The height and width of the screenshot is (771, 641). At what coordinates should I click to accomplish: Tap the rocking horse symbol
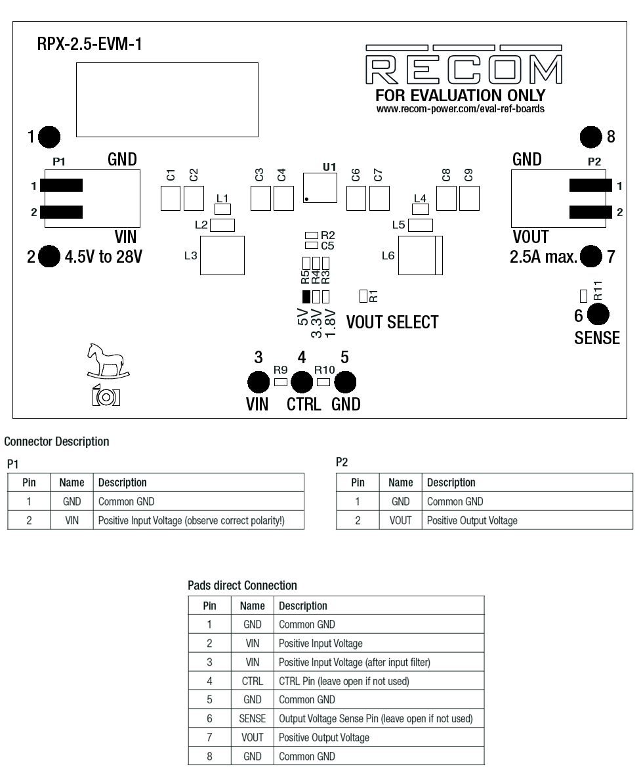click(108, 362)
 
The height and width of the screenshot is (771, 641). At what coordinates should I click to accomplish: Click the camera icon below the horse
click(106, 396)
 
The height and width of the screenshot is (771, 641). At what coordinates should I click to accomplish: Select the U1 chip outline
click(320, 187)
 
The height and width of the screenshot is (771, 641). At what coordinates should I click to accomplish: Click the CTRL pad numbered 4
click(302, 382)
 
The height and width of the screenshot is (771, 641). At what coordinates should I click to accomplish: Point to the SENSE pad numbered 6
click(598, 315)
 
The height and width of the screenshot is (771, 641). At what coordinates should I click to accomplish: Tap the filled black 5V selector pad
click(306, 296)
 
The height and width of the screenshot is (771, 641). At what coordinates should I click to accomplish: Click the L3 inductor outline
click(222, 255)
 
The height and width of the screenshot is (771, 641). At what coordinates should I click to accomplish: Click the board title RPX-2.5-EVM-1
click(90, 45)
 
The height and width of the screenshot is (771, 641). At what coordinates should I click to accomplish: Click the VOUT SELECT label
click(392, 322)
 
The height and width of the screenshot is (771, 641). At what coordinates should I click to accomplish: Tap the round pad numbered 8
click(591, 137)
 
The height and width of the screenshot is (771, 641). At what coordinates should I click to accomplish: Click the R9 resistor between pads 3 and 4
click(281, 382)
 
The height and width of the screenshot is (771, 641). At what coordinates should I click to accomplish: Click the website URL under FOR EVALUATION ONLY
click(460, 109)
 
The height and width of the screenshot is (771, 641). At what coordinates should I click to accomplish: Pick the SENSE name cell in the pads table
click(253, 718)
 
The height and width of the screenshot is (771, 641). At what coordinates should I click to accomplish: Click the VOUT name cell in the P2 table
click(400, 520)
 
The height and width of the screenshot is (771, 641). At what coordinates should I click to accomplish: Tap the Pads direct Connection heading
click(242, 584)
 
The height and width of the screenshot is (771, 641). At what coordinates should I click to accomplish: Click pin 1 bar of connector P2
click(590, 185)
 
